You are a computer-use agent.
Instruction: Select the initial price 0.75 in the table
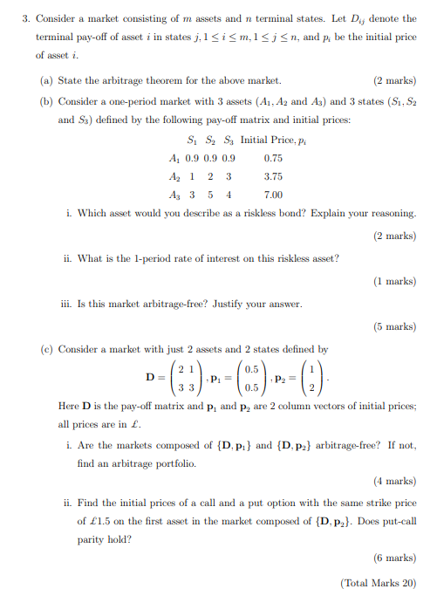(273, 159)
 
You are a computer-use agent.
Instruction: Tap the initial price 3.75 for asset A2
(273, 177)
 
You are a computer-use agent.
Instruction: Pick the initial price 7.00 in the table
(273, 195)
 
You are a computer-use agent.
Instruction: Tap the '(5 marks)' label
(394, 326)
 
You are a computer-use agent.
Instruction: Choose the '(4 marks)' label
(394, 481)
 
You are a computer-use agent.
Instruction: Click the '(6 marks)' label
(394, 558)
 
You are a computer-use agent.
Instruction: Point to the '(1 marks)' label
(394, 281)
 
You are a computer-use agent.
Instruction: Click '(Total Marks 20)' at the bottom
(379, 582)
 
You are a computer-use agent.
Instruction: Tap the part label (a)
(49, 80)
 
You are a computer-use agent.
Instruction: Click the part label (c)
(49, 349)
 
